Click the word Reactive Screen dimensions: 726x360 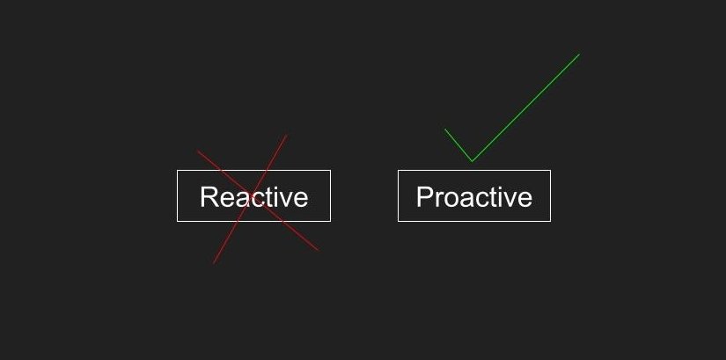pyautogui.click(x=254, y=197)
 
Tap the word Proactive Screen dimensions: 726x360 pyautogui.click(x=474, y=197)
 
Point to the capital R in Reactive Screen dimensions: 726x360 pyautogui.click(x=209, y=197)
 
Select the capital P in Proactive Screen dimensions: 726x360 pyautogui.click(x=424, y=197)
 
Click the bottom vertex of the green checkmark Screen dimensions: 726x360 pyautogui.click(x=472, y=161)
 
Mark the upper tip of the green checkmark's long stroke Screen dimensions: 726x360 pyautogui.click(x=579, y=55)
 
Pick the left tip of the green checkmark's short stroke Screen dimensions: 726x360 pyautogui.click(x=445, y=129)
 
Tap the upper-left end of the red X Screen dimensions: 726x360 pyautogui.click(x=197, y=151)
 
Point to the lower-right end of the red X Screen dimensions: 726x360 pyautogui.click(x=318, y=251)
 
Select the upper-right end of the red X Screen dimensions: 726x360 pyautogui.click(x=287, y=136)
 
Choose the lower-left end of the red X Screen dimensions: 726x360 pyautogui.click(x=214, y=263)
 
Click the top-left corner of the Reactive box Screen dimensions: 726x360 pyautogui.click(x=178, y=171)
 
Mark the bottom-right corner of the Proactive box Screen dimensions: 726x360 pyautogui.click(x=551, y=222)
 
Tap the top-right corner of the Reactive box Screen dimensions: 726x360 pyautogui.click(x=331, y=171)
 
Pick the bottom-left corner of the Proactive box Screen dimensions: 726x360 pyautogui.click(x=398, y=222)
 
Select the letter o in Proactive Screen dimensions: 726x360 pyautogui.click(x=451, y=200)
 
